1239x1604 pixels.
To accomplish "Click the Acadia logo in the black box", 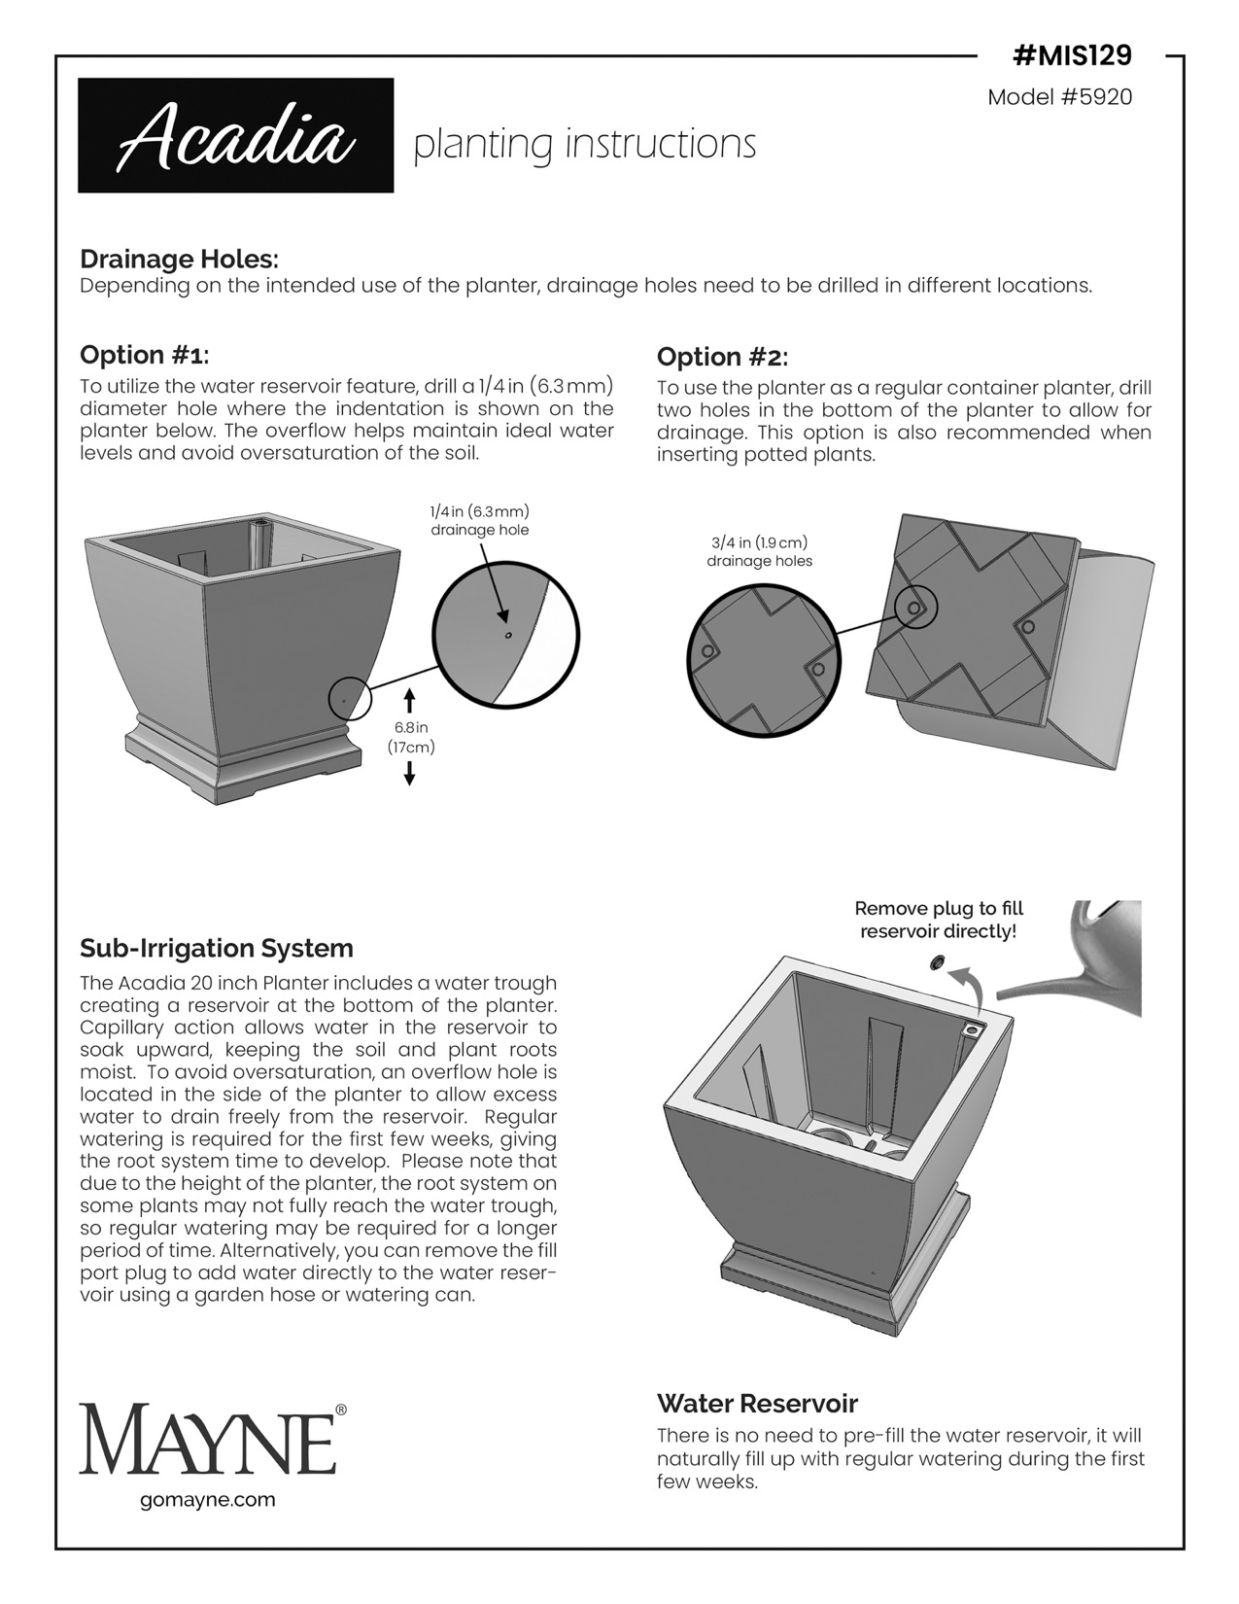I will coord(235,136).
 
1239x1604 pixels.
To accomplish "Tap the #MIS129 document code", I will coord(1072,56).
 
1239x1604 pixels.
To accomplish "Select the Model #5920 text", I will coord(1059,97).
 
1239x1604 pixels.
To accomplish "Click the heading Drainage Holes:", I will coord(179,260).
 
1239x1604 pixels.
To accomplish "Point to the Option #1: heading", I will coord(144,354).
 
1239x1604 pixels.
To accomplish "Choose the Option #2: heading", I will coord(722,356).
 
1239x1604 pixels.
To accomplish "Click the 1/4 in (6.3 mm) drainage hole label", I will coord(479,520).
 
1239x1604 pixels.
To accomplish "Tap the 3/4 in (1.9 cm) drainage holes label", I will coord(759,551).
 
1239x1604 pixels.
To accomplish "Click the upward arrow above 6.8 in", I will coord(409,700).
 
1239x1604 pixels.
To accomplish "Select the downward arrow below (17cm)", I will coord(409,773).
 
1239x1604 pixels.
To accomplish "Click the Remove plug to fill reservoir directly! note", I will coord(938,920).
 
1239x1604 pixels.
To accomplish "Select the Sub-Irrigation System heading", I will coord(216,948).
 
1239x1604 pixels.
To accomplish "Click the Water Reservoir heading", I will coord(757,1403).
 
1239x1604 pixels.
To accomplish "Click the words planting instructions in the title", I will coord(584,144).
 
